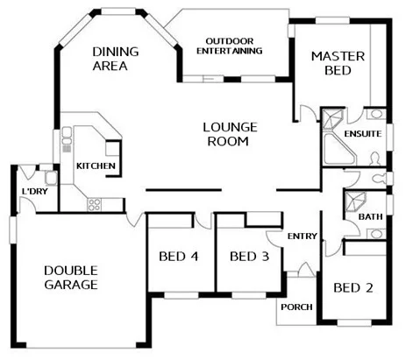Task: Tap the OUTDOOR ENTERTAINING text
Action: click(234, 46)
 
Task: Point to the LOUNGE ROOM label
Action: click(230, 133)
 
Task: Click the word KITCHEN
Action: click(95, 166)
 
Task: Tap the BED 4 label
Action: click(177, 257)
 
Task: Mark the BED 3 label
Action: click(248, 257)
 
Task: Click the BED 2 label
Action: click(353, 287)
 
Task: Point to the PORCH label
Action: click(295, 307)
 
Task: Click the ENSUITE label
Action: click(362, 135)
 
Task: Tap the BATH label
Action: click(370, 215)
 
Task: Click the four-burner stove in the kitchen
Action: click(94, 205)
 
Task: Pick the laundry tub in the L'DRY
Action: click(51, 178)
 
